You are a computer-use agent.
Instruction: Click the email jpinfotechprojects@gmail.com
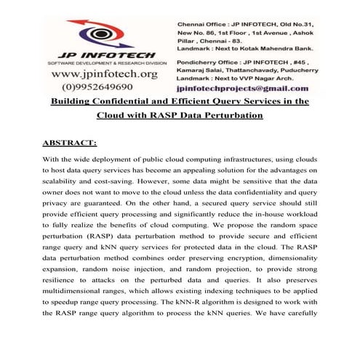point(247,87)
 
